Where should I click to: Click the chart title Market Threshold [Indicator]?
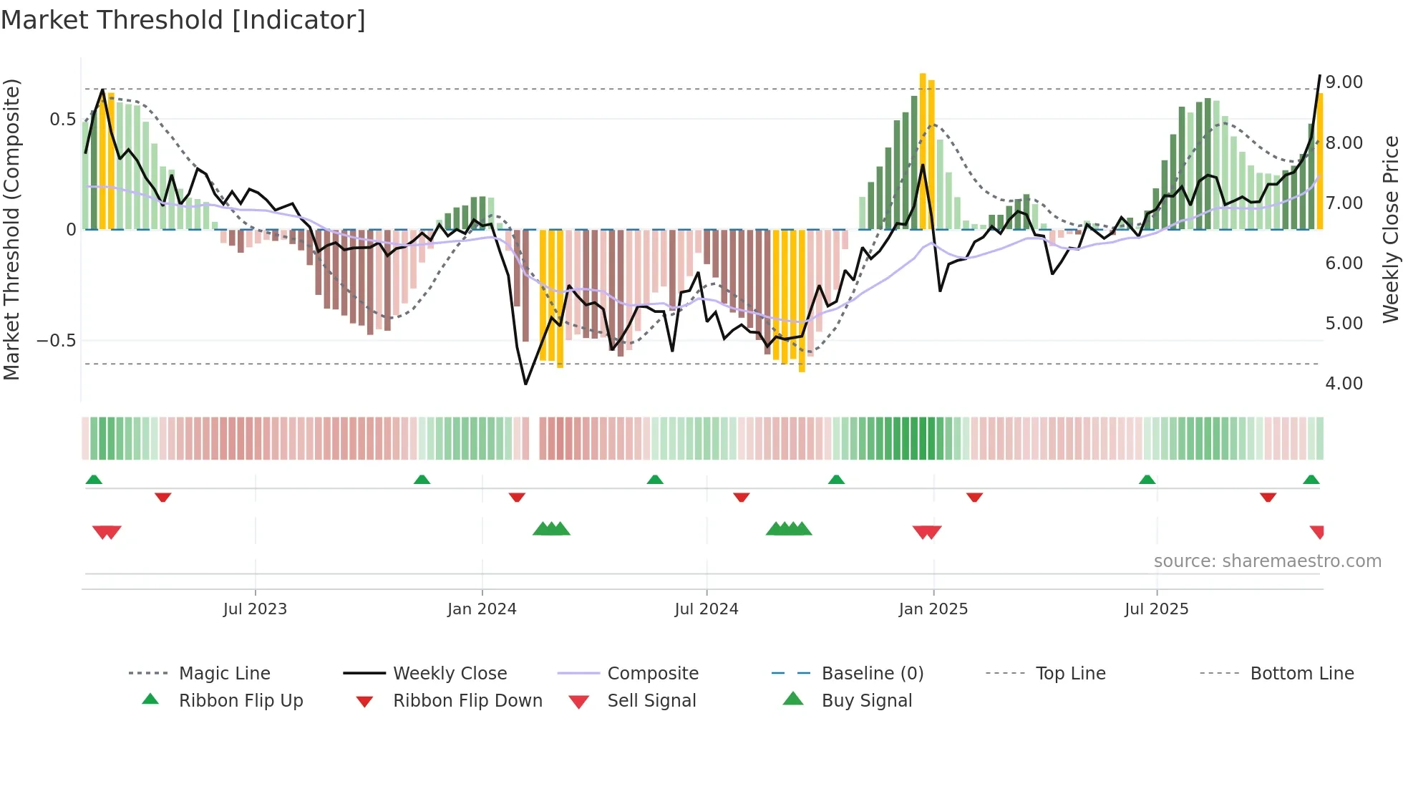(183, 20)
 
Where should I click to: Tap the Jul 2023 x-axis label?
(255, 609)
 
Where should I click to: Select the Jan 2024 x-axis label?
(482, 609)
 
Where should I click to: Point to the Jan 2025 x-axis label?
(933, 609)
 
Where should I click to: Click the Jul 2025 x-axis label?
(1156, 609)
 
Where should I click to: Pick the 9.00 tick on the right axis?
(1344, 82)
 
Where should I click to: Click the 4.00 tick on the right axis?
(1344, 384)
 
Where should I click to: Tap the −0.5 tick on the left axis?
(57, 341)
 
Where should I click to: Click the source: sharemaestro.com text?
(1267, 561)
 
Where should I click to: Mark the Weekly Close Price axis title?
(1390, 229)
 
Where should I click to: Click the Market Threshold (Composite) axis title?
(11, 229)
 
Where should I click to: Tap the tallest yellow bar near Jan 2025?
(923, 150)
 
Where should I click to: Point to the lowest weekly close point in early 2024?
(526, 384)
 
